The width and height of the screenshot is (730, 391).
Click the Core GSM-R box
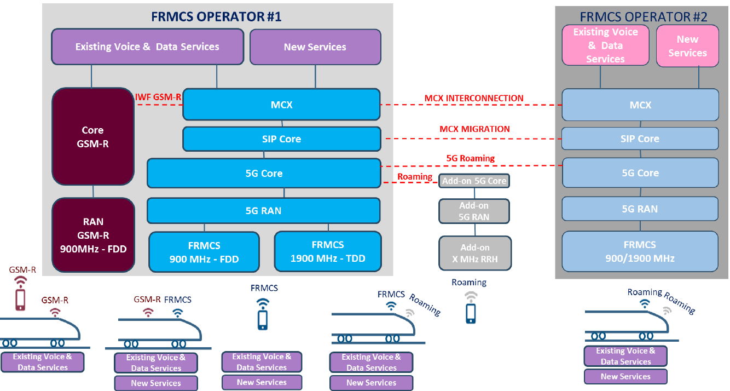(92, 137)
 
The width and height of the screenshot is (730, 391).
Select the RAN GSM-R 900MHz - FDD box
(93, 235)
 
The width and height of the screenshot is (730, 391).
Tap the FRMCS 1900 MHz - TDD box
(328, 251)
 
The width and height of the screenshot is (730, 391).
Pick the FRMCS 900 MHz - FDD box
(204, 252)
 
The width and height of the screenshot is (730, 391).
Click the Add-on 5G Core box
(474, 181)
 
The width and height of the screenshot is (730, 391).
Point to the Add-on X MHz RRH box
(475, 253)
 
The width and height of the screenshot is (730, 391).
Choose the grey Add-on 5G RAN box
(474, 211)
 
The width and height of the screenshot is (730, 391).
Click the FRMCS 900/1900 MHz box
(640, 251)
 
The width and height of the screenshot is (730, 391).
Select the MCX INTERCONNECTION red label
(474, 99)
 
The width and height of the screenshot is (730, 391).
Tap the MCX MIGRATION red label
(474, 129)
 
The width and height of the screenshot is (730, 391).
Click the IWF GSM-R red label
(158, 97)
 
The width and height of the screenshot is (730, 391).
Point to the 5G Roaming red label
(470, 158)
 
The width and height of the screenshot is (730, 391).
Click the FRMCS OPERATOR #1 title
(216, 16)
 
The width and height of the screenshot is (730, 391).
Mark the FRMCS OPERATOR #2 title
(644, 17)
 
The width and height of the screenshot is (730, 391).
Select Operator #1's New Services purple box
(315, 47)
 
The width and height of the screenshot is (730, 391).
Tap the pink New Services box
(687, 46)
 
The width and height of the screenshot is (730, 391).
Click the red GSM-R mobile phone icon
(20, 299)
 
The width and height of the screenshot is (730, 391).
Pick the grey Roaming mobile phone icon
(471, 313)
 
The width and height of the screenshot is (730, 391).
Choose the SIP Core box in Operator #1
(281, 139)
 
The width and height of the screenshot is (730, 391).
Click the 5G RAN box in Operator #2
(640, 209)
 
